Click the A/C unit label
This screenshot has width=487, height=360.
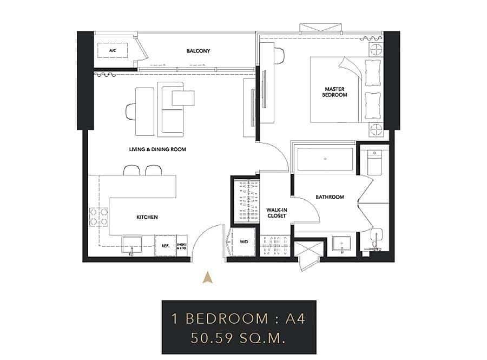point(113,51)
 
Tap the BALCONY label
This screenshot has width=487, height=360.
point(198,51)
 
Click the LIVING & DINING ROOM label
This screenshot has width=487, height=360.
point(157,149)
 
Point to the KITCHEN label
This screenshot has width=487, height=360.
point(147,217)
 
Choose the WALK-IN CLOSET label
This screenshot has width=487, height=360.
point(277,213)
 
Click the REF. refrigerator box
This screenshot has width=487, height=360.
point(166,245)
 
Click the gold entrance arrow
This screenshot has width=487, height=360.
point(206,278)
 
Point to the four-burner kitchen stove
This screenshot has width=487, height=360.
point(98,217)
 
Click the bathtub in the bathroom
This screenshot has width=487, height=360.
point(325,159)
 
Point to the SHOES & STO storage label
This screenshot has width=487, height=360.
point(181,245)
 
